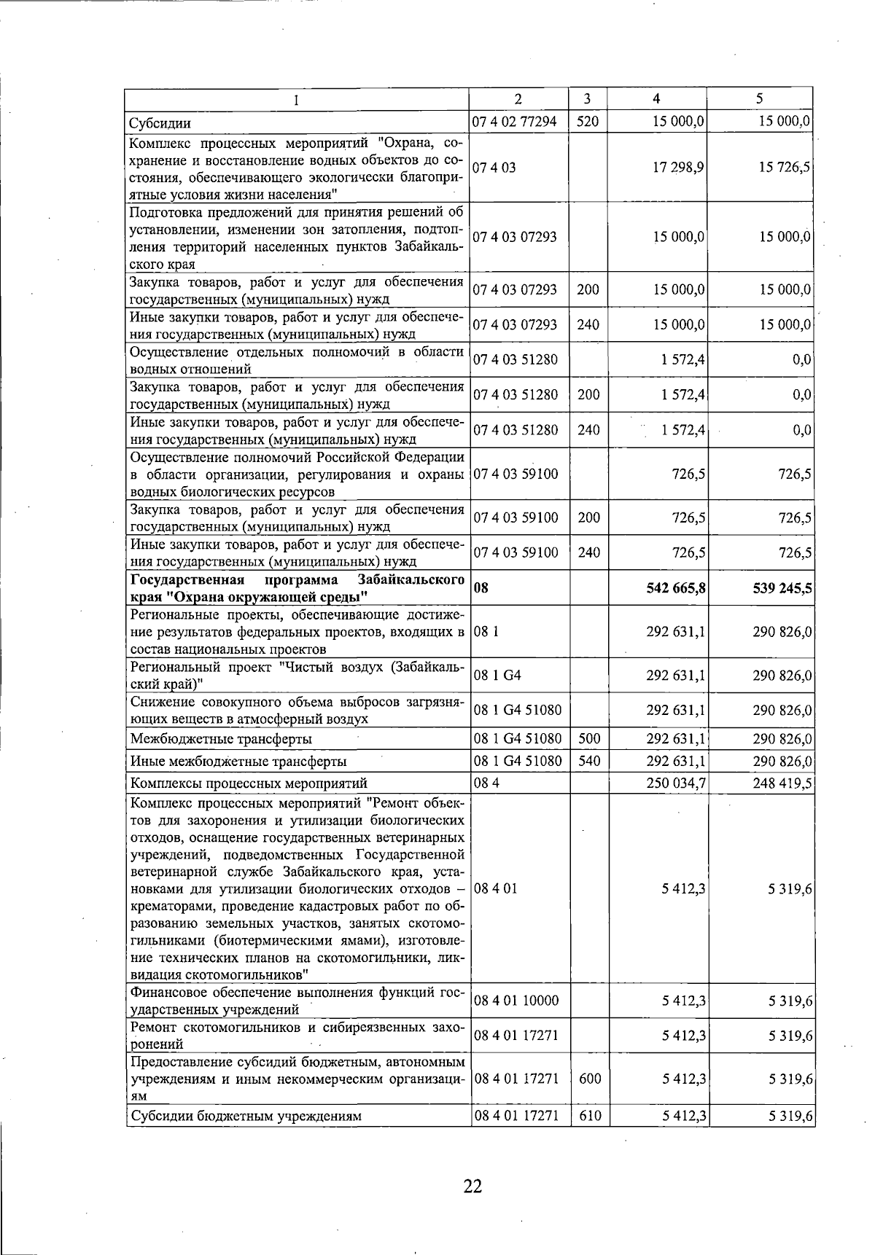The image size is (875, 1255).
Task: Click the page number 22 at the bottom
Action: coord(472,1186)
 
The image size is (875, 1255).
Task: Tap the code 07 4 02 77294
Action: coord(515,122)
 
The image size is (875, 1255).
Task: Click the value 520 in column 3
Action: coord(587,122)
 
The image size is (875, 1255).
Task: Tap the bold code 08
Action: coord(481,588)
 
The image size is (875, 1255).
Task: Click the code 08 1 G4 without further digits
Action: coord(497,676)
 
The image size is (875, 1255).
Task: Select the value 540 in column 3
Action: coord(588,762)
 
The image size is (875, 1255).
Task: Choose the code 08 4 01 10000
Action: coord(516,1001)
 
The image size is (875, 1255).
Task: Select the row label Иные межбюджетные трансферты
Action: coord(238,762)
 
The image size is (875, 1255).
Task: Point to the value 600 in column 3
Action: coord(590,1079)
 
